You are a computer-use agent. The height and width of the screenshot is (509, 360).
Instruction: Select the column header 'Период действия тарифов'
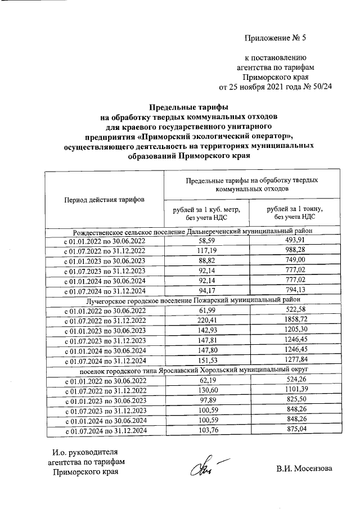(104, 199)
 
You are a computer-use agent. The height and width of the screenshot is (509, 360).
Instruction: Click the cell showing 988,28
(295, 251)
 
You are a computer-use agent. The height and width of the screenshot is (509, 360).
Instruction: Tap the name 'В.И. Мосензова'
(304, 469)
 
